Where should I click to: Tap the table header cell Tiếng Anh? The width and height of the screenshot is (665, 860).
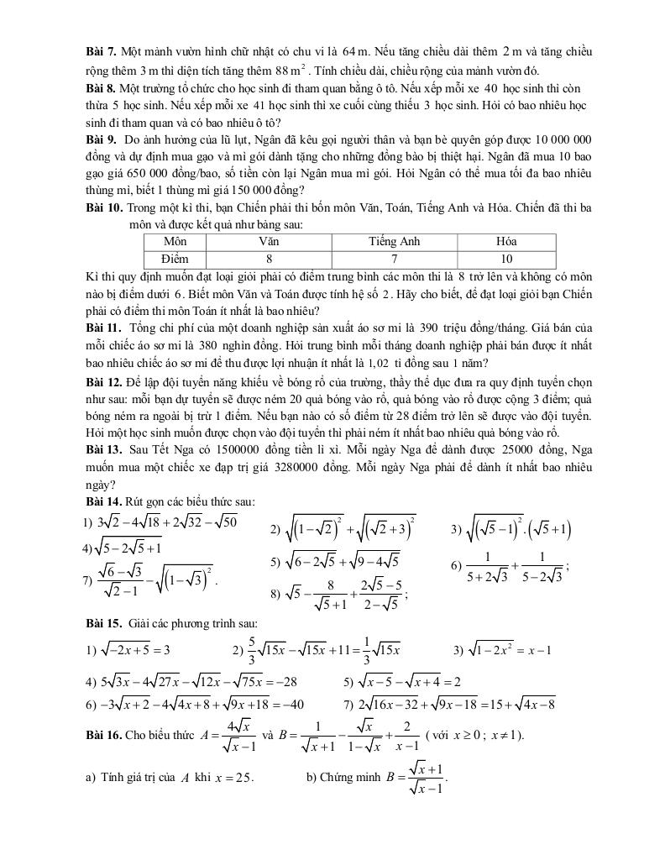(394, 242)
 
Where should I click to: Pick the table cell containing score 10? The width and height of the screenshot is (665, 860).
(505, 259)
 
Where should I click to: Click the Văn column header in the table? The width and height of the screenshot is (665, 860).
(269, 242)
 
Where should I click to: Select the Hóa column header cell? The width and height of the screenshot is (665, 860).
(505, 242)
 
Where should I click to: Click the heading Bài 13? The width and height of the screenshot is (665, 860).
(105, 450)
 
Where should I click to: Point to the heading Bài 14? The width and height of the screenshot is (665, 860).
(105, 501)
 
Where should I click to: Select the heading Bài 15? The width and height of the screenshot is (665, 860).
(105, 623)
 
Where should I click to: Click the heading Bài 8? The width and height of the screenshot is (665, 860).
(102, 88)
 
